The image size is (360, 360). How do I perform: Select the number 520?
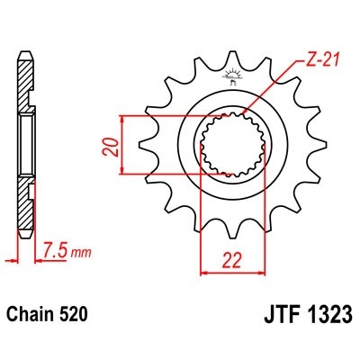click(x=74, y=317)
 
